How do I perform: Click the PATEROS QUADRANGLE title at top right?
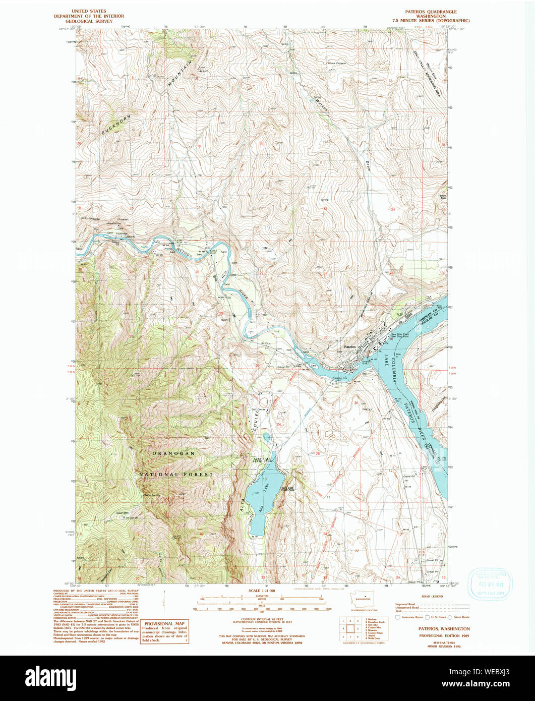click(437, 11)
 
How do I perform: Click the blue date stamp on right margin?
click(490, 584)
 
